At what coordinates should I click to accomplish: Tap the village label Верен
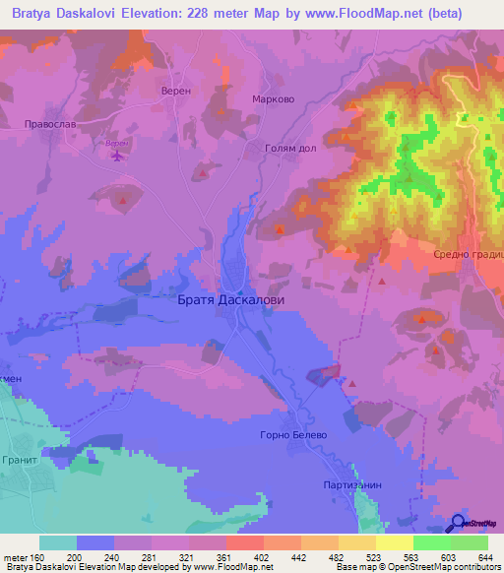(x=174, y=90)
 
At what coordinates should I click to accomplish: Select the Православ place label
(x=49, y=125)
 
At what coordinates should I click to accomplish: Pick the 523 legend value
(x=374, y=557)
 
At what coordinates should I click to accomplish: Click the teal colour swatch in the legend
(x=57, y=542)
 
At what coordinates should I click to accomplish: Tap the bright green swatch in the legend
(x=431, y=542)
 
